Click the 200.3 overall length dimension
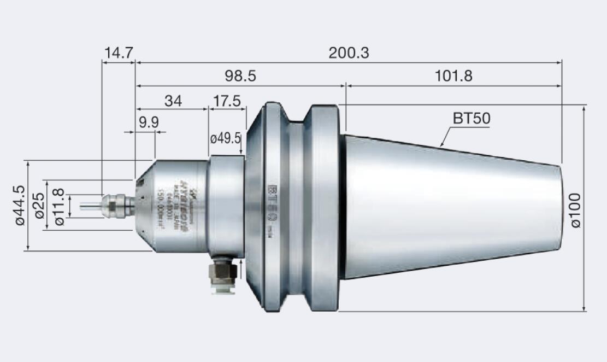coord(349,53)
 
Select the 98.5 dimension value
coord(241,76)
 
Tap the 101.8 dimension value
coord(453,76)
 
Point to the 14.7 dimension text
coord(119,53)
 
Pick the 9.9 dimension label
coord(148,122)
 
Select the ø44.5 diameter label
coord(20,206)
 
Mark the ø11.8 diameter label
coord(59,207)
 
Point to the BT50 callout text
coord(471,118)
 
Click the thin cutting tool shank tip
coord(87,207)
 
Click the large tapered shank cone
coord(448,208)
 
